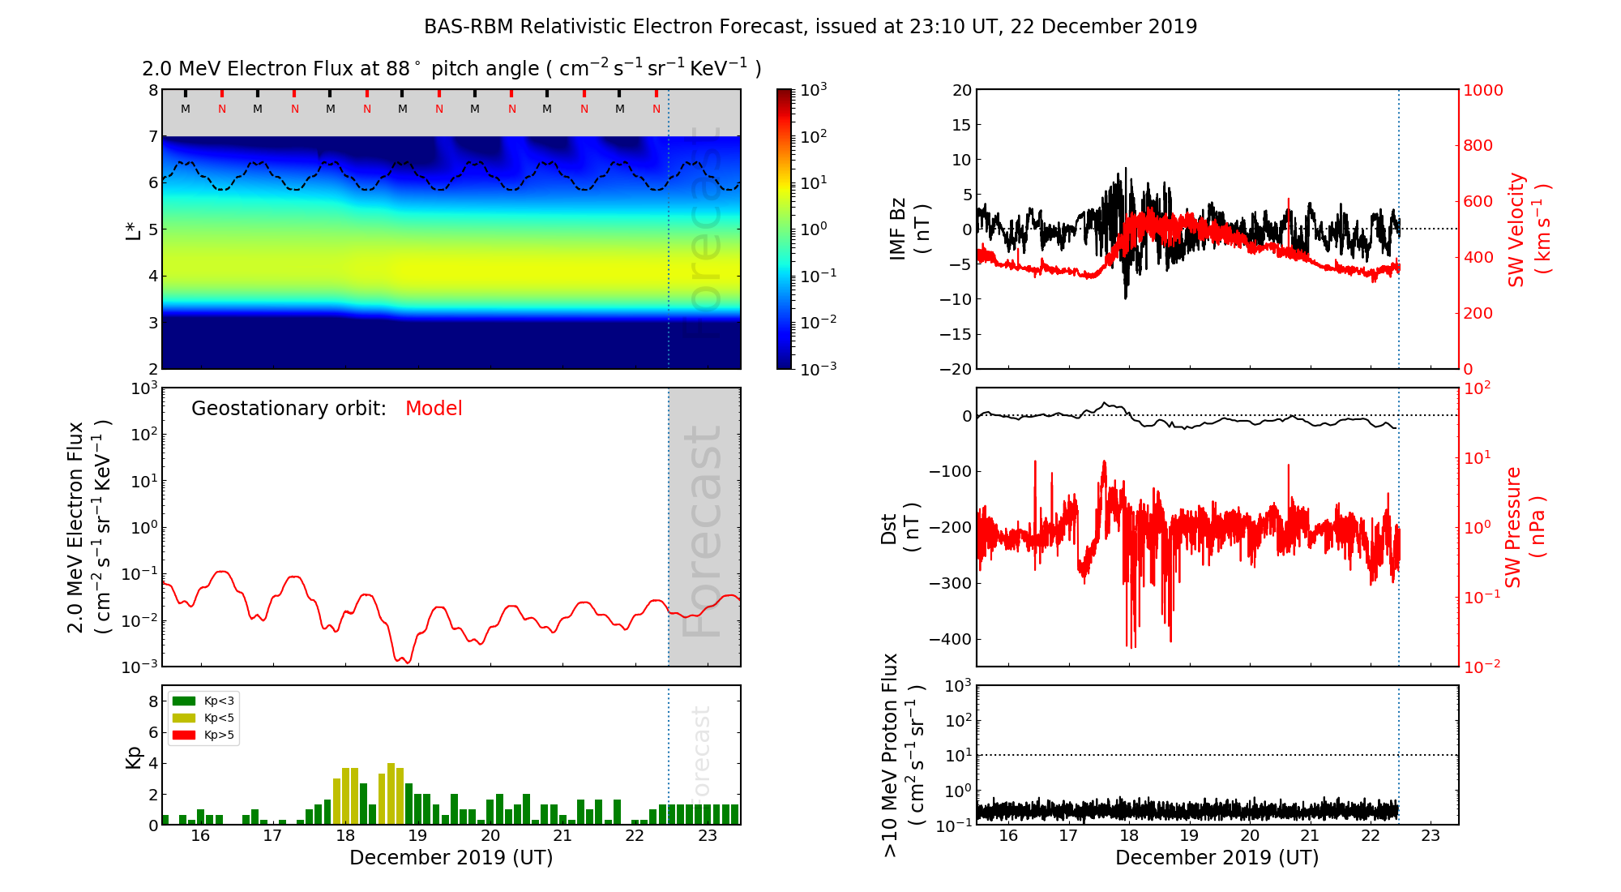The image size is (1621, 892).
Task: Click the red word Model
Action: pos(434,409)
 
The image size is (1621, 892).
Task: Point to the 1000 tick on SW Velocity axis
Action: pos(1482,90)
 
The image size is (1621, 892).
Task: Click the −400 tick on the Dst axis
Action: pos(950,639)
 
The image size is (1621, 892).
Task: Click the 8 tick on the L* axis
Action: pos(152,90)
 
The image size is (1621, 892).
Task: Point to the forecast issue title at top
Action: pos(810,27)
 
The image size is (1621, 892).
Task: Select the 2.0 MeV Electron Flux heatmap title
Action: pos(451,69)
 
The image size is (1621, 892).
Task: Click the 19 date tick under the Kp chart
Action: pos(417,836)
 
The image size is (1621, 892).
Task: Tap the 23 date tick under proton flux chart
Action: pos(1431,836)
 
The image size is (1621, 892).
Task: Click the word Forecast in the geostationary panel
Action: pos(702,531)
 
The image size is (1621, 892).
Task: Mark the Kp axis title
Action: pos(134,757)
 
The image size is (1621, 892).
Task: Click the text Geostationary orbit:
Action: pos(289,409)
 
